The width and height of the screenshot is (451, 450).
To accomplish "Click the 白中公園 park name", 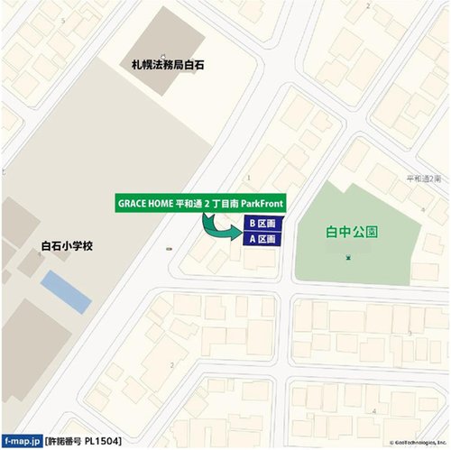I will [x=352, y=232].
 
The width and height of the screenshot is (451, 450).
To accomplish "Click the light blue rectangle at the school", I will [x=66, y=293].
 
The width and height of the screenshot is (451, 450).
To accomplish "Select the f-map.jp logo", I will [x=22, y=441].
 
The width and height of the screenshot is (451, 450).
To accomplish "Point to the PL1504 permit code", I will [x=102, y=441].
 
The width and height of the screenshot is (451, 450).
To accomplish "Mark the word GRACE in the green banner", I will [x=131, y=202].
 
